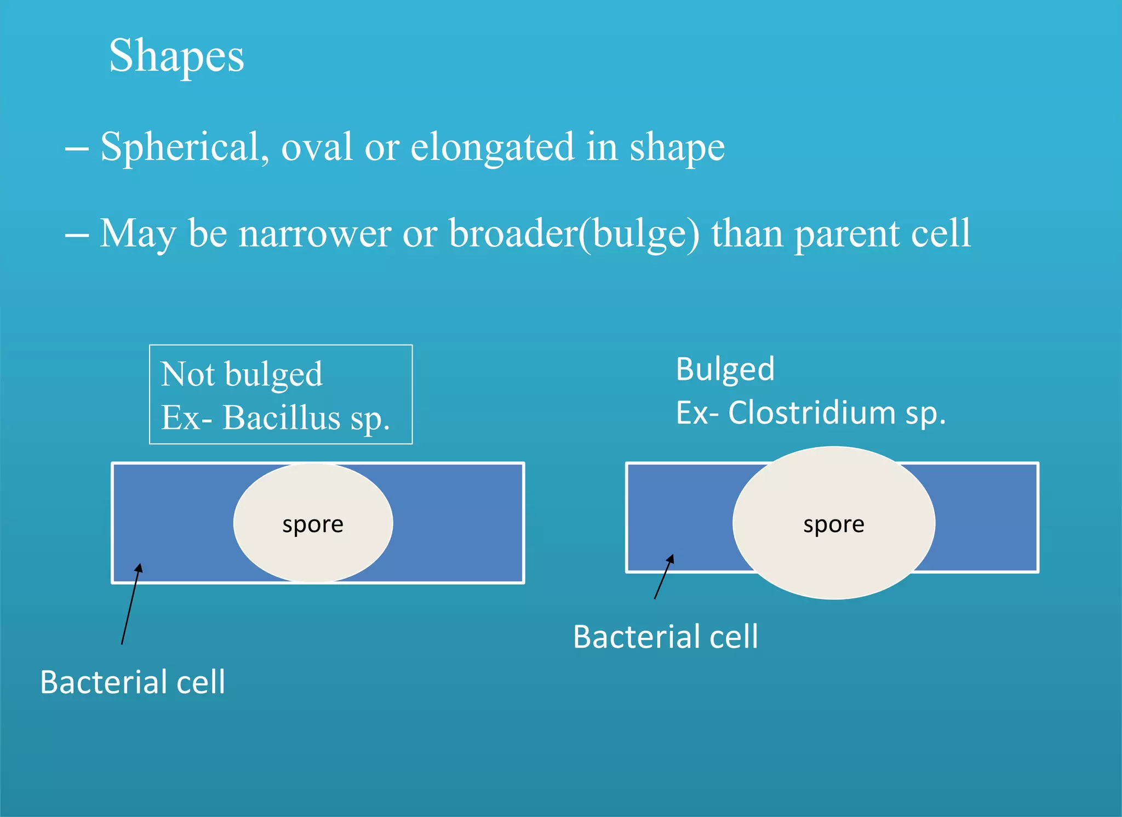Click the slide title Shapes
point(176,56)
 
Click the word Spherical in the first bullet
point(184,147)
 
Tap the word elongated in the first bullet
point(492,147)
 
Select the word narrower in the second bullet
point(314,234)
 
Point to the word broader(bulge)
point(574,234)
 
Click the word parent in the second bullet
point(846,234)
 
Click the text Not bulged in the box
point(241,375)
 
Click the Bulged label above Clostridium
point(725,369)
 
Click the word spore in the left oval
point(313,525)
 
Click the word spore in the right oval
point(833,525)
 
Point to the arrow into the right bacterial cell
point(663,577)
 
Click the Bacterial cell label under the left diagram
point(133,683)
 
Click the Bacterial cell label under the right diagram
point(665,637)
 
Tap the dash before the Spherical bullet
point(77,148)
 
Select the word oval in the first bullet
point(316,147)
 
